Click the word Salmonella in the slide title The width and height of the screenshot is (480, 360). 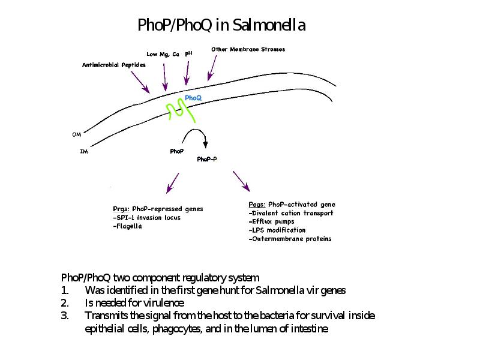pos(269,25)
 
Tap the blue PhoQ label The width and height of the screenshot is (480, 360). pos(193,98)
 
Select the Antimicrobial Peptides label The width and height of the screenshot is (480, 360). pos(114,65)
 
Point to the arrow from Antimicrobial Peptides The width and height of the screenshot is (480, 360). pos(140,82)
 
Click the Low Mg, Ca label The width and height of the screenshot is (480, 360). pos(163,55)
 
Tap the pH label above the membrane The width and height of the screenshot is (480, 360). pos(188,53)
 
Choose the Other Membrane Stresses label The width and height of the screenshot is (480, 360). pos(248,49)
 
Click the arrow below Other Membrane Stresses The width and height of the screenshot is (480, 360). pos(212,68)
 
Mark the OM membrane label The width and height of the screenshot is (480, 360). pos(77,134)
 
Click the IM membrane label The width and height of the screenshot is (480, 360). pos(84,151)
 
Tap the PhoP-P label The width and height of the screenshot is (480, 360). pos(207,159)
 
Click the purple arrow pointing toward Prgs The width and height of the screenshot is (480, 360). pos(173,183)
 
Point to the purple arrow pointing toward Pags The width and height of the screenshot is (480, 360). pos(242,182)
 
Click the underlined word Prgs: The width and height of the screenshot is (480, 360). pos(121,209)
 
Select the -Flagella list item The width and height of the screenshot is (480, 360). pos(127,226)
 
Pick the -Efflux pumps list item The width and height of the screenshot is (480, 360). pos(272,221)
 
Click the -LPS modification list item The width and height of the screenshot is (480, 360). pos(277,230)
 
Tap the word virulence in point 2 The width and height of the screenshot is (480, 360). pos(165,303)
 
